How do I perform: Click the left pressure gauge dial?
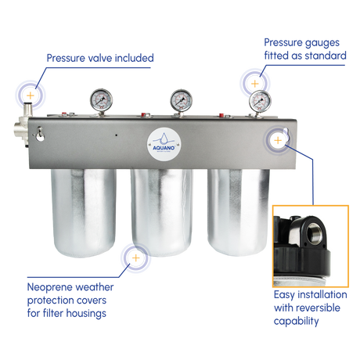tap(101, 100)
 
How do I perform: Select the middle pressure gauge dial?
tap(182, 101)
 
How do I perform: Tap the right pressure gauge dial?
tap(260, 101)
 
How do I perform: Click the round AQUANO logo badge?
tap(164, 144)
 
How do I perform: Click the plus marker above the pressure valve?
tap(31, 95)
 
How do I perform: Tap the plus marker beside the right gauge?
tap(255, 84)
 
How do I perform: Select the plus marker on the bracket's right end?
tap(278, 140)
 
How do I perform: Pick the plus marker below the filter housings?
tap(135, 258)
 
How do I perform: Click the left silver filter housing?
tap(84, 212)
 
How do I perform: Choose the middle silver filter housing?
tap(162, 212)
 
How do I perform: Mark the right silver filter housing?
tap(239, 212)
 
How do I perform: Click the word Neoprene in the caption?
tap(47, 287)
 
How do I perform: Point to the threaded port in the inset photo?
tap(315, 232)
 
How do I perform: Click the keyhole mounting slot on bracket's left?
tap(40, 134)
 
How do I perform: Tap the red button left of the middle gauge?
tap(144, 114)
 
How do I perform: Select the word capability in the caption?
tap(296, 321)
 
